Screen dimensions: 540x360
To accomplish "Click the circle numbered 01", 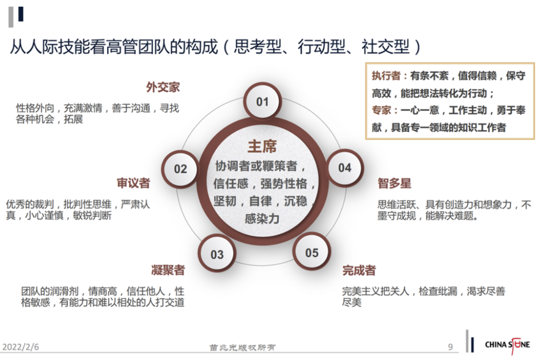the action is [262, 101].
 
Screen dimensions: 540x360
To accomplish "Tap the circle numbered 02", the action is [180, 169].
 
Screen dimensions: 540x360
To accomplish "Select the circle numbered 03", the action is [217, 254].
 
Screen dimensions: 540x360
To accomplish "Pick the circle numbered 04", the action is [345, 168].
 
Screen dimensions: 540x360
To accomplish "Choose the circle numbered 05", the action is [312, 252].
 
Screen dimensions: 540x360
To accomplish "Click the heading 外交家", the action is [163, 87].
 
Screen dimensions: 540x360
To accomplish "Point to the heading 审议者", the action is [133, 183].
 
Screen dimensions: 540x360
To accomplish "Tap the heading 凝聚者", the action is [168, 270].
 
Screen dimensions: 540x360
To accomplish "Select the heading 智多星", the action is [395, 183].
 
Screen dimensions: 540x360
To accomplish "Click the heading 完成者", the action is [359, 270].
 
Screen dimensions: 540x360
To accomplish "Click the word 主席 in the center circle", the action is [262, 146].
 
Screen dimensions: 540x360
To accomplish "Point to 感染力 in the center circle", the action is [262, 219].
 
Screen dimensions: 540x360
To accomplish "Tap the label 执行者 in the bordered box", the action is [386, 76].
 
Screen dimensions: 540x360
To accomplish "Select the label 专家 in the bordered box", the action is [381, 110].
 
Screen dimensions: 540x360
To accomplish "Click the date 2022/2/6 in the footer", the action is [21, 347].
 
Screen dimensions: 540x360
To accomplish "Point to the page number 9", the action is [450, 347].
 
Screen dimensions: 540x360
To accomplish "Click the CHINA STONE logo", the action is [507, 345].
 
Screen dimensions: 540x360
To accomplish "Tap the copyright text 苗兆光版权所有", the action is [242, 348].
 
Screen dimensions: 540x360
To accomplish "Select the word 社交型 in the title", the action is [385, 46].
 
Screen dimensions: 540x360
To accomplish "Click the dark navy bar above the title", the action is [21, 14].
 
